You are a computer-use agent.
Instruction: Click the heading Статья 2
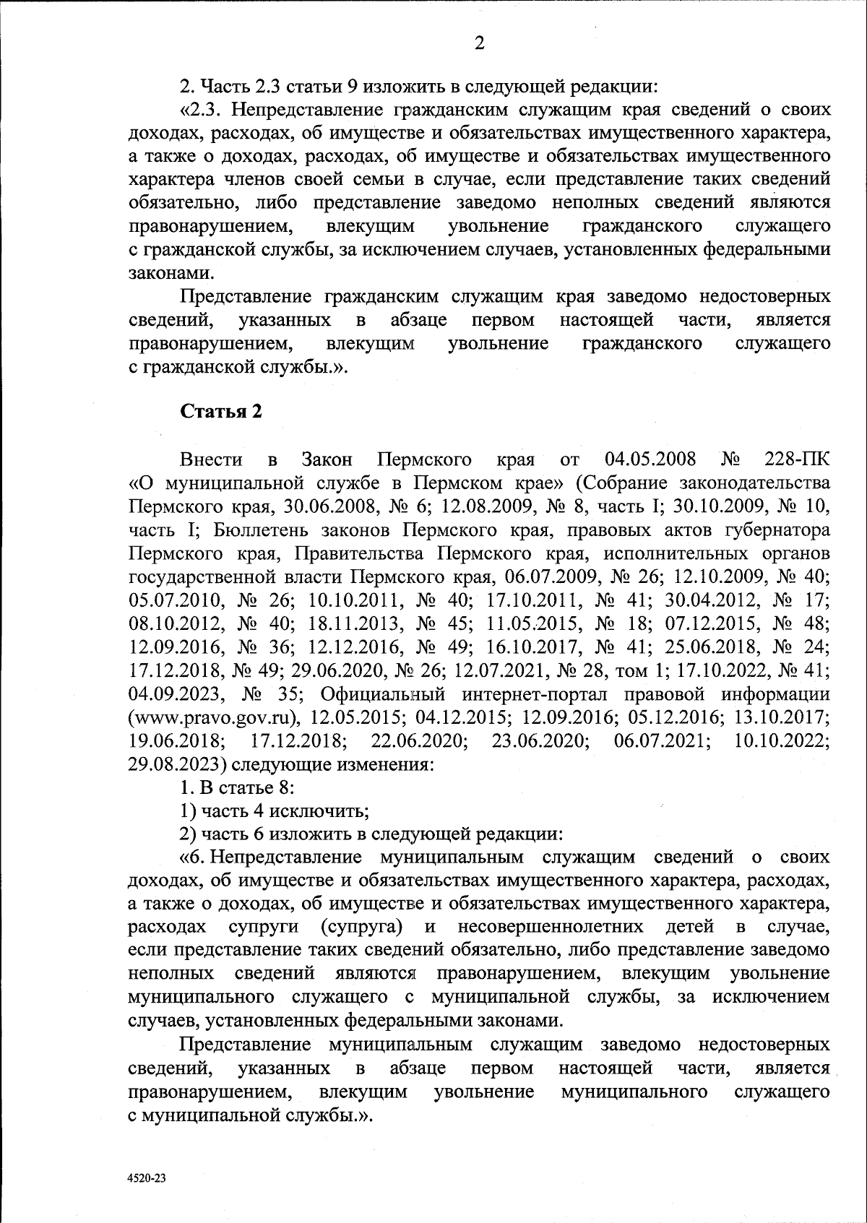[x=220, y=412]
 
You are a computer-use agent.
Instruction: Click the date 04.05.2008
[x=650, y=459]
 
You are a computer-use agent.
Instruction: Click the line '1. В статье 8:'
[x=236, y=787]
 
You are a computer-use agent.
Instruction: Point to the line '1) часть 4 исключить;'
[x=275, y=810]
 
